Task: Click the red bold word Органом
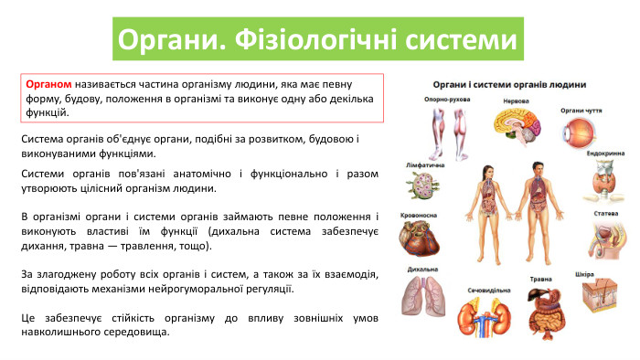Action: tap(49, 83)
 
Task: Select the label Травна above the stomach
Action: tap(542, 279)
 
